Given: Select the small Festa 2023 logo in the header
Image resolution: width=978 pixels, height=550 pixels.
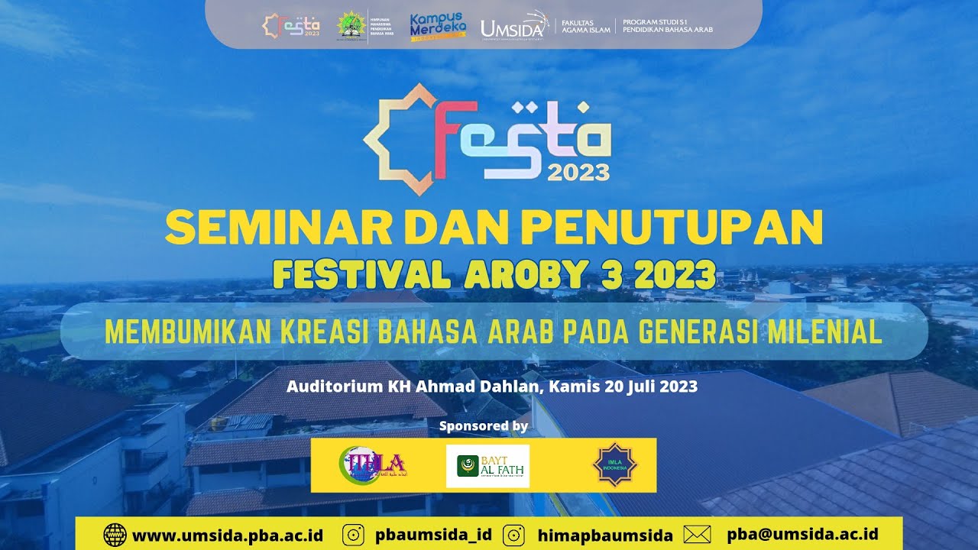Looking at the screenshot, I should (x=291, y=25).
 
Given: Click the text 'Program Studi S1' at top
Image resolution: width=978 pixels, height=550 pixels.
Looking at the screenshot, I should (x=656, y=21).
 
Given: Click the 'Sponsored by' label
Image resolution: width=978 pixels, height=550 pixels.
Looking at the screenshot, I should (x=484, y=425).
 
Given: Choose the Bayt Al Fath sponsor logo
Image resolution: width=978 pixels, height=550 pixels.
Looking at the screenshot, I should (x=487, y=465).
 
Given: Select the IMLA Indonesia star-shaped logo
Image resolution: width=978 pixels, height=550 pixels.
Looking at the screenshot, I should (x=615, y=464).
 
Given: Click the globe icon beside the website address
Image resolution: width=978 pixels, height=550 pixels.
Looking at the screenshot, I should (x=115, y=535).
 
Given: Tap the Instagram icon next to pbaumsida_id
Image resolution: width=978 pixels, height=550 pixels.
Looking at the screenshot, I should (x=354, y=535).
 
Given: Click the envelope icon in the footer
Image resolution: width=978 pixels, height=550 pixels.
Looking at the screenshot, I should (x=697, y=535).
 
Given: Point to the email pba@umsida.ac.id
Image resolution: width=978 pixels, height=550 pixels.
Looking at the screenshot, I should (x=802, y=534).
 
